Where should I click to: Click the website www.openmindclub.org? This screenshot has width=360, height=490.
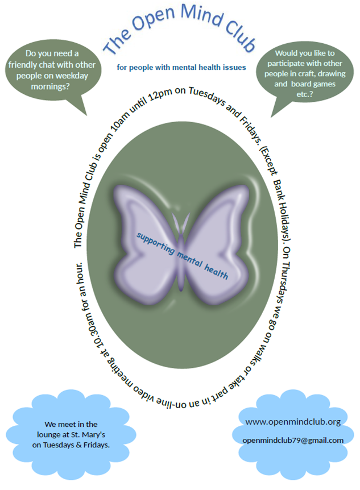pyautogui.click(x=293, y=422)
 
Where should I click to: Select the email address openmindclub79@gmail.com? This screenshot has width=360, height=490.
pyautogui.click(x=293, y=441)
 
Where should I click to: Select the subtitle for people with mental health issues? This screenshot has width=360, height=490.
pyautogui.click(x=181, y=68)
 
